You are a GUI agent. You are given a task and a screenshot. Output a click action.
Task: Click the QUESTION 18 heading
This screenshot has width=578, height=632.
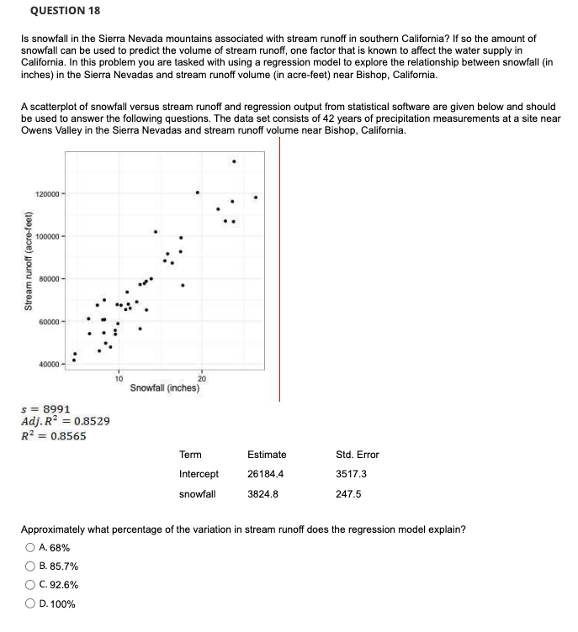tap(62, 11)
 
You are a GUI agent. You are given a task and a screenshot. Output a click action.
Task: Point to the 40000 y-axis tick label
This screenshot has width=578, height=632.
tap(49, 364)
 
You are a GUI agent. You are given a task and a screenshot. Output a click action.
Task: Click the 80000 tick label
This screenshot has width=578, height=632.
tap(49, 278)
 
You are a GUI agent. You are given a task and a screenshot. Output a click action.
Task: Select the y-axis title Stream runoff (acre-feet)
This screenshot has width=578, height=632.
tap(29, 274)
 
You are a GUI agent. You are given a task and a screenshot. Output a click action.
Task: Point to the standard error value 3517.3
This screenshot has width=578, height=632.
tap(351, 474)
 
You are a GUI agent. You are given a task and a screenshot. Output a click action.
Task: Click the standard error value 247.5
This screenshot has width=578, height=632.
tap(348, 493)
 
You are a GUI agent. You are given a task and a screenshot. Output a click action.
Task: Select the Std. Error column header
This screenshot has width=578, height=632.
tap(357, 455)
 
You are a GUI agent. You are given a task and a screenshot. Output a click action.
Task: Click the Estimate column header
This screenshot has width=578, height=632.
tap(267, 455)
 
